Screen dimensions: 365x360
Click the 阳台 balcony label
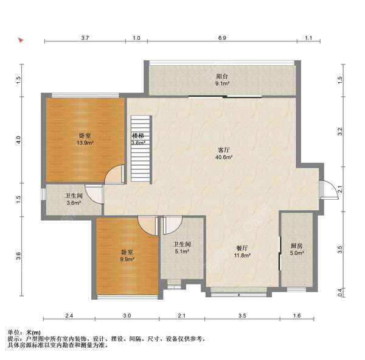coord(222,76)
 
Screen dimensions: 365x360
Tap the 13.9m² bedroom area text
coord(85,143)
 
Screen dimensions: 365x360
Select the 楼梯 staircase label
coord(138,136)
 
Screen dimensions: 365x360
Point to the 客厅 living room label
coord(224,150)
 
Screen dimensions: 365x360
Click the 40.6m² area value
coord(224,157)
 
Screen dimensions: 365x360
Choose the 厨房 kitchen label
coord(297,245)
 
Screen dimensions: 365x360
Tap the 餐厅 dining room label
coord(242,248)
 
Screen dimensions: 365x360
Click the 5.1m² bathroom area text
coord(182,252)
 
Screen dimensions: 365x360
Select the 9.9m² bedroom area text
coord(127,259)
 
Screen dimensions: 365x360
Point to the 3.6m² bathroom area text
coord(74,203)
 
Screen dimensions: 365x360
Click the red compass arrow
coord(21,40)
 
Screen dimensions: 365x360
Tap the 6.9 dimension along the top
coord(222,38)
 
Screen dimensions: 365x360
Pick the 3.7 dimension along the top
coord(85,38)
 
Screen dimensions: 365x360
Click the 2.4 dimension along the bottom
coord(69,316)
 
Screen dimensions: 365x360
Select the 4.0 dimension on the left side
coord(19,140)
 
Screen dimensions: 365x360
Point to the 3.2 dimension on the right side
coord(340,132)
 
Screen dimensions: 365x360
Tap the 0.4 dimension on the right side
coord(340,292)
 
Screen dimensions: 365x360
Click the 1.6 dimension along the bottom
coord(297,316)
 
